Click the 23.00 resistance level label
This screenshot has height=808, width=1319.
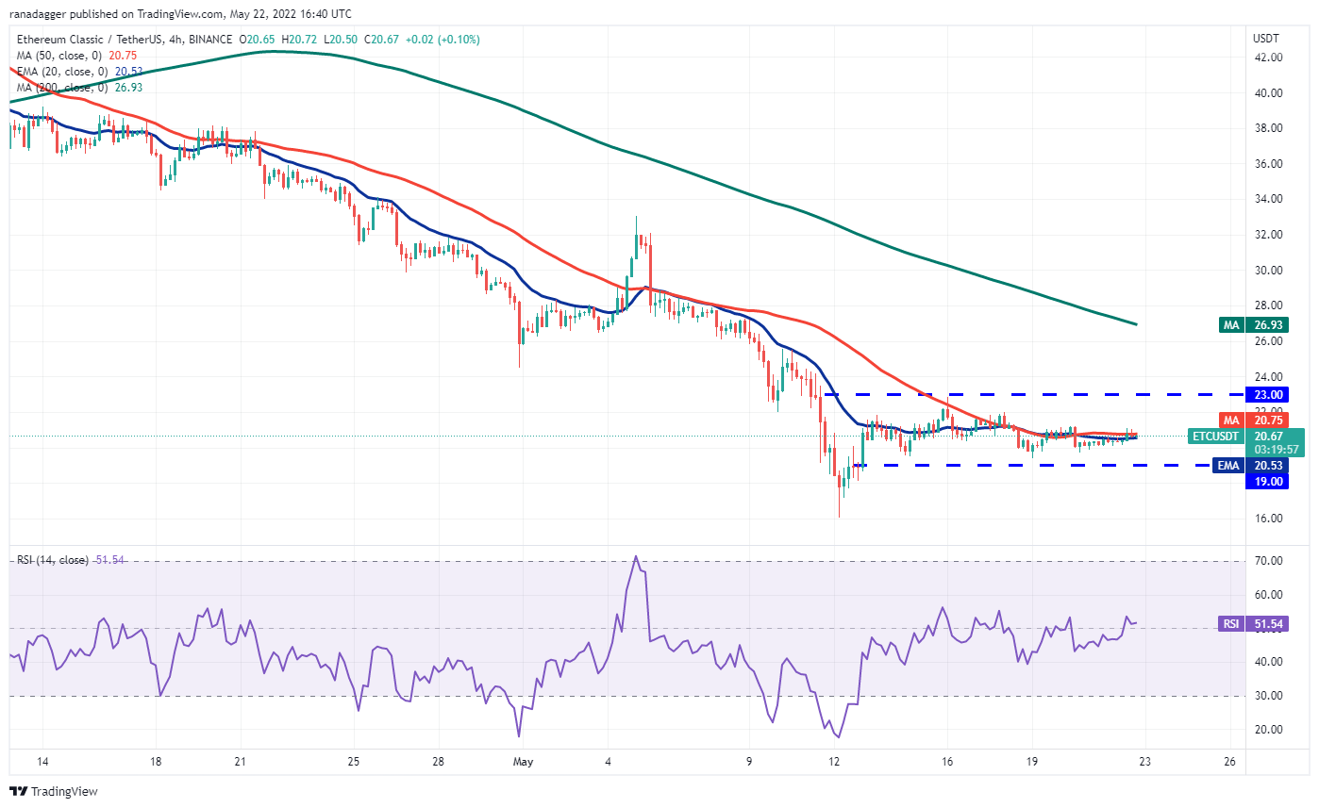tap(1265, 394)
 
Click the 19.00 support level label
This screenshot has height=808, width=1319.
tap(1265, 481)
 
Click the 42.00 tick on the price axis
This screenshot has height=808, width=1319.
tap(1266, 58)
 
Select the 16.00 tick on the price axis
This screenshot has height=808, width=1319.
tap(1266, 518)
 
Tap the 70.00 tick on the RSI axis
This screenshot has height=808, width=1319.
tap(1266, 561)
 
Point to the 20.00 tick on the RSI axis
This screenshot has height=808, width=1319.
tap(1266, 730)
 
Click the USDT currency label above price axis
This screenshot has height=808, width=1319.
tap(1265, 38)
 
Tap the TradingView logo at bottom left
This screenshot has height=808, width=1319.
tap(54, 791)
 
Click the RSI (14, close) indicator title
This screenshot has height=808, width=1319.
tap(52, 560)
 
